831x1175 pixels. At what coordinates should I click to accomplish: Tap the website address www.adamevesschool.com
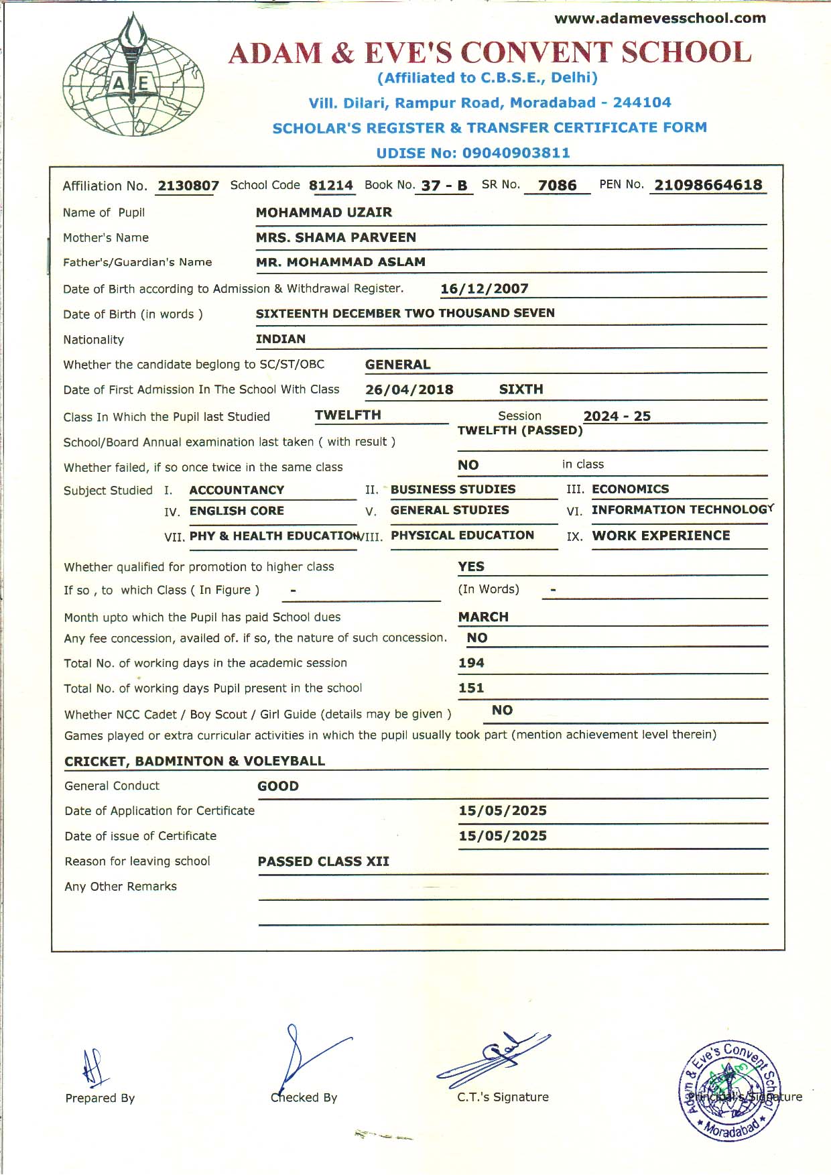pos(659,18)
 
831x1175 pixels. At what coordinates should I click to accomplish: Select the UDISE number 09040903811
pos(516,153)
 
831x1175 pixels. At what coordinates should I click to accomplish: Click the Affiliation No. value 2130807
pos(188,186)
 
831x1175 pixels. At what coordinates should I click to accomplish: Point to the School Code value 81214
pos(331,186)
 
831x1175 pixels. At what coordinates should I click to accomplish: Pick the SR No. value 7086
pos(557,186)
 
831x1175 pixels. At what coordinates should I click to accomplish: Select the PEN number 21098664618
pos(708,185)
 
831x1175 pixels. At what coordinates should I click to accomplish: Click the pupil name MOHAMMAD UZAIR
pos(324,212)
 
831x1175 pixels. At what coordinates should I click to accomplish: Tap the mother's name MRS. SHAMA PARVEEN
pos(336,237)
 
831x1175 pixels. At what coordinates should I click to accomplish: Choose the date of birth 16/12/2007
pos(484,289)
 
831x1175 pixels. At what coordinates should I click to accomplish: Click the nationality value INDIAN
pos(280,339)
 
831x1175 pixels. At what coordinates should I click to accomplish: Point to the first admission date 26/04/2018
pos(409,389)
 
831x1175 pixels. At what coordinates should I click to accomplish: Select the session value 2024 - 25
pos(617,416)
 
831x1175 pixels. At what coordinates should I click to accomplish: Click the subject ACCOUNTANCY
pos(237,490)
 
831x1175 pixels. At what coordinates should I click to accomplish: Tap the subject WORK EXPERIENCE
pos(661,536)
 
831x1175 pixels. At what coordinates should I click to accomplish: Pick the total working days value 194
pos(471,663)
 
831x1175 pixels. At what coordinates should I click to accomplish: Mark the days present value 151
pos(471,688)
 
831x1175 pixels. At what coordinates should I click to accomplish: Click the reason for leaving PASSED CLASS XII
pos(323,861)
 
